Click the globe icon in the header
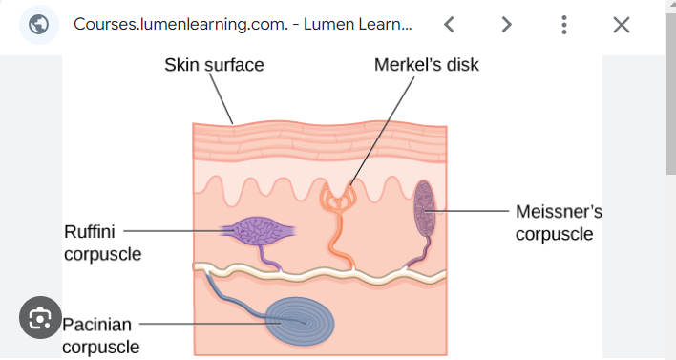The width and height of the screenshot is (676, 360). pos(39,25)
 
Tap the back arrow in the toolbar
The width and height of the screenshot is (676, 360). pos(449,25)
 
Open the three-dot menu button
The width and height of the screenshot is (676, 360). pos(564,25)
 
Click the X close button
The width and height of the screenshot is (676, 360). pos(622,25)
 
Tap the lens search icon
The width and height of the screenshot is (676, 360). pos(39,319)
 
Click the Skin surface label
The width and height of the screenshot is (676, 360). pos(214,65)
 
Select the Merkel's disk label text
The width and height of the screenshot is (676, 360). pos(426,65)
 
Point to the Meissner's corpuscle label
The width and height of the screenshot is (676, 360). pos(559,222)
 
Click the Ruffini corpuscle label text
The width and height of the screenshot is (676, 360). pos(102,243)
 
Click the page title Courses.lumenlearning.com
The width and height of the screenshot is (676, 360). pos(229,25)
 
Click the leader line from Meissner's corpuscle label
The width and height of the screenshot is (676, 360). pos(474,211)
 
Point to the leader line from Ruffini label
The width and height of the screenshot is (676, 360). pos(172,230)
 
